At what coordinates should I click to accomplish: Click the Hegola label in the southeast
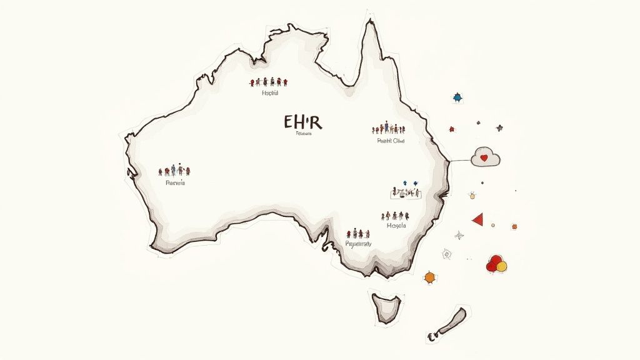click(396, 226)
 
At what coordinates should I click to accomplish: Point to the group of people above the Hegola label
click(394, 216)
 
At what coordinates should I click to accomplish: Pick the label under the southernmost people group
click(358, 244)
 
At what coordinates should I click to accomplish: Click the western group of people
click(174, 170)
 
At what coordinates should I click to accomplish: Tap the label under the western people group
click(175, 184)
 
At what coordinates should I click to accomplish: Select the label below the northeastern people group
click(391, 141)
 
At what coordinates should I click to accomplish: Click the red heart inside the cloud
click(483, 157)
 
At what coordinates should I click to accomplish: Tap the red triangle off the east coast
click(478, 219)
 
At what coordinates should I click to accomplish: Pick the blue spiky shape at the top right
click(457, 97)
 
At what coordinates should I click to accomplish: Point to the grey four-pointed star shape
click(460, 235)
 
